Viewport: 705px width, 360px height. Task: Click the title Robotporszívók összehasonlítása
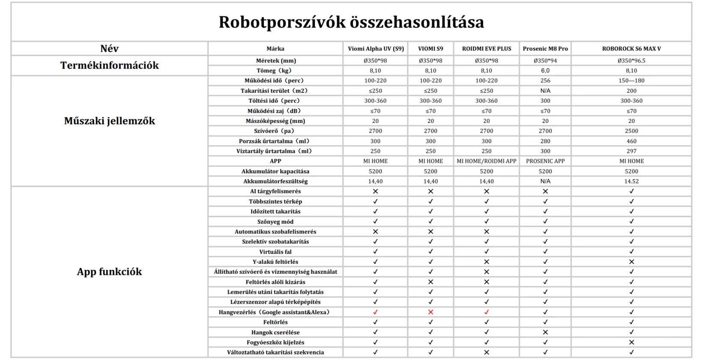pos(351,22)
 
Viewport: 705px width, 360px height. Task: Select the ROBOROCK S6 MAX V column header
pos(631,49)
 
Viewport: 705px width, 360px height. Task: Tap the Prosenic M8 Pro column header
pos(545,49)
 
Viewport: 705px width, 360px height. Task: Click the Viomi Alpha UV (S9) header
pos(376,49)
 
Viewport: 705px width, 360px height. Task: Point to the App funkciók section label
pos(109,272)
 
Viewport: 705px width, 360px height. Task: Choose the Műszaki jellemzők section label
pos(109,121)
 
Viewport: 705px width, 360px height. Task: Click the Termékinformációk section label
pos(109,66)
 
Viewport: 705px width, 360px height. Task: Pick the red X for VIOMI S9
pos(430,312)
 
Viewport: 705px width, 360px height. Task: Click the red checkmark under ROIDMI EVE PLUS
pos(487,312)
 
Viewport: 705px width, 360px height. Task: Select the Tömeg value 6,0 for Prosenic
pos(545,71)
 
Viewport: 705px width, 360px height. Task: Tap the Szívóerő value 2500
pos(631,131)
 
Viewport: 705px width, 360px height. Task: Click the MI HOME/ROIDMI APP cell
pos(487,161)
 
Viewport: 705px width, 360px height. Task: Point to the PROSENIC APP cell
pos(545,161)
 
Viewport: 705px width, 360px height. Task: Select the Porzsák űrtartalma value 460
pos(631,141)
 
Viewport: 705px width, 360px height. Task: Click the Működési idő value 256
pos(545,81)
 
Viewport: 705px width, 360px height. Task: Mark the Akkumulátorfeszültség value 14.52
pos(631,181)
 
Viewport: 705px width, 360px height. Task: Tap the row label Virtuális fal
pos(275,252)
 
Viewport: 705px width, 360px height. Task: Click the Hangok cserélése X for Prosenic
pos(545,332)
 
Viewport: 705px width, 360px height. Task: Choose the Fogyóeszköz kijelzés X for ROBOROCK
pos(631,342)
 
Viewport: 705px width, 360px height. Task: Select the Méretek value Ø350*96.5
pos(631,61)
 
